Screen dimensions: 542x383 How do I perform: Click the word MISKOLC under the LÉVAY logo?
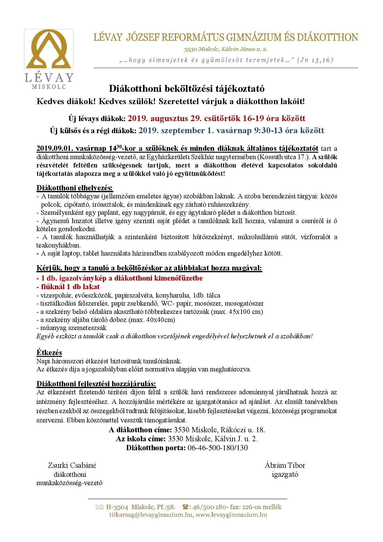point(49,87)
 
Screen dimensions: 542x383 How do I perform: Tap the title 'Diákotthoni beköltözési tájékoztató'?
point(187,89)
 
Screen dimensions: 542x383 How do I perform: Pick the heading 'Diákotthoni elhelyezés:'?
point(75,188)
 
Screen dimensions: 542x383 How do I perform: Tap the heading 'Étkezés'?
point(49,353)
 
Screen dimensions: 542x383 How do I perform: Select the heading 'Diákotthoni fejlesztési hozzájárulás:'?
point(96,384)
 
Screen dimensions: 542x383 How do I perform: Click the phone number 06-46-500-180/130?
point(217,448)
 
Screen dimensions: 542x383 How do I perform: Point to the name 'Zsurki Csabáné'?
point(72,465)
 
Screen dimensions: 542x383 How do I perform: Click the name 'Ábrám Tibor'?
point(285,465)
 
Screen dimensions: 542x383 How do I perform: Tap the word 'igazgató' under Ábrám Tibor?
point(285,474)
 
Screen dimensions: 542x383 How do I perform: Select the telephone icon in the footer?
point(186,507)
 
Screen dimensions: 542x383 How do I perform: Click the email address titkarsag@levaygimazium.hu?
point(151,515)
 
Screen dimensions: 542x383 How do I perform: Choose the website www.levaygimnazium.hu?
point(231,515)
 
